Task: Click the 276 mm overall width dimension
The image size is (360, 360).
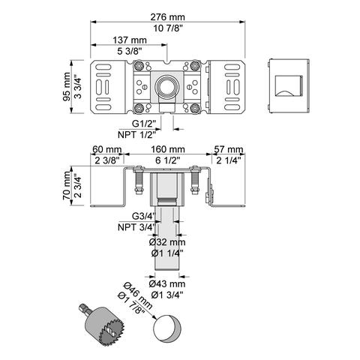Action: pos(168,17)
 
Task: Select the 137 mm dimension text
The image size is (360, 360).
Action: pos(130,40)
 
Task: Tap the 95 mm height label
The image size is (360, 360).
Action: pos(67,87)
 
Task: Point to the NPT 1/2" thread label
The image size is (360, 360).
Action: pos(136,135)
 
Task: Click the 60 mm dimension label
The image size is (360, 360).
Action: pos(107,149)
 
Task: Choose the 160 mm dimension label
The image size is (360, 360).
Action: pos(168,149)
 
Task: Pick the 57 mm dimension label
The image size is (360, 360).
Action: pos(228,149)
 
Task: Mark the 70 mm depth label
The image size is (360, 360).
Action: pos(67,185)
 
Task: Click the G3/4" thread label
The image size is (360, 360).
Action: pos(143,216)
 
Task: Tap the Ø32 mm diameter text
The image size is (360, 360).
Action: pos(167,242)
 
